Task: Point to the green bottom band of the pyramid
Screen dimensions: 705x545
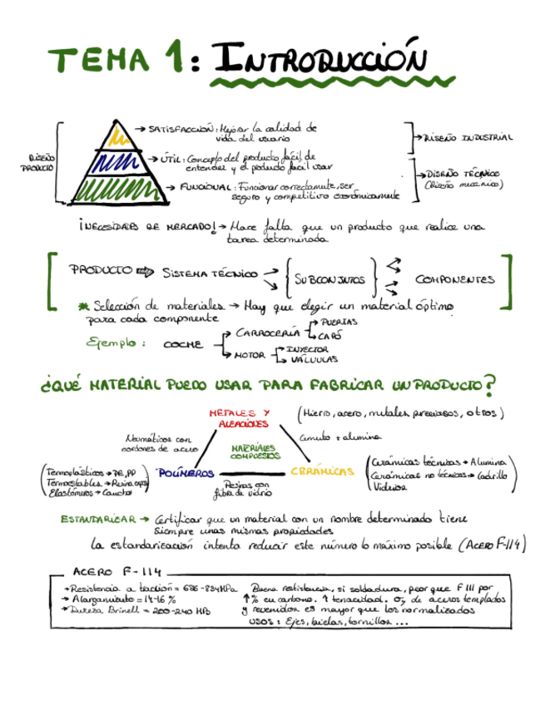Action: tap(116, 188)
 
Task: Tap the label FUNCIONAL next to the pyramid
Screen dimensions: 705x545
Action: tap(204, 187)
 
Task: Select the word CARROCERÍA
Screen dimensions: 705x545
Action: tap(268, 332)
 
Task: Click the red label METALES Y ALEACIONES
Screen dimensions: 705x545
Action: tap(238, 417)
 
